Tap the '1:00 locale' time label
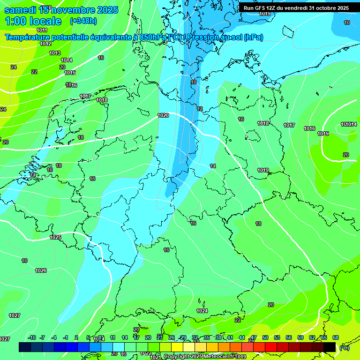pos(33,21)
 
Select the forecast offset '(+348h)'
pos(83,21)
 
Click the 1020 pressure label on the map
pos(163,115)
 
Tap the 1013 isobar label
pos(55,53)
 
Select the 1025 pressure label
pos(55,237)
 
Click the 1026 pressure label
pos(41,270)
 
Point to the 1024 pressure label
pos(202,311)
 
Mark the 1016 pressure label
pos(309,128)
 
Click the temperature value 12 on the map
pos(200,109)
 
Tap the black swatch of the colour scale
pos(330,347)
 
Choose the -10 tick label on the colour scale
pos(32,337)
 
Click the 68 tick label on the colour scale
pos(336,337)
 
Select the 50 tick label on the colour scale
pos(265,337)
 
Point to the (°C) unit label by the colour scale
pos(344,348)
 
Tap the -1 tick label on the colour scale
pos(66,337)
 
